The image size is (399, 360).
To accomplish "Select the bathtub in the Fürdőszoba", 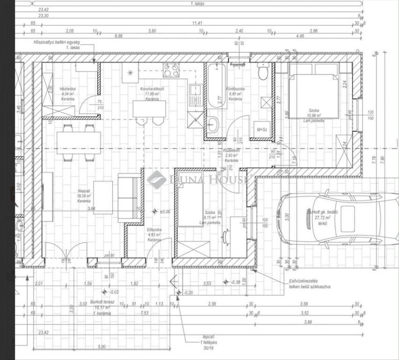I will coord(217,86).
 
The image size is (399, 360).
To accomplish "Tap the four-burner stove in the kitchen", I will coord(171,70).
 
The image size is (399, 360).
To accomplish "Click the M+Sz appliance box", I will coord(262,129).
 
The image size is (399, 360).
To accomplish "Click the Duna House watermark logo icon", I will coord(157,179).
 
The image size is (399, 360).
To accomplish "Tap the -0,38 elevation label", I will coord(236,282).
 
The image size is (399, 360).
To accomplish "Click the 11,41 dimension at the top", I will coord(198,23).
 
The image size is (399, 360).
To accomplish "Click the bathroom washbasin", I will coord(212,125).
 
